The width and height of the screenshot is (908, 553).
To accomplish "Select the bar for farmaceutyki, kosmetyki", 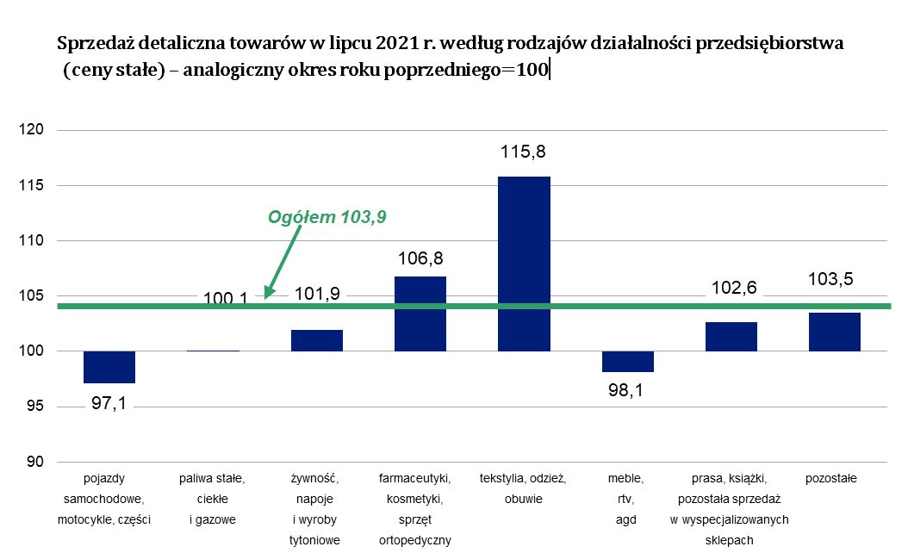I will tap(420, 314).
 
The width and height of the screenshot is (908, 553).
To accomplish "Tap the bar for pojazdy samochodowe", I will tap(109, 367).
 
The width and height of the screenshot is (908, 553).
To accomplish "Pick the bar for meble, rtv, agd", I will tap(628, 362).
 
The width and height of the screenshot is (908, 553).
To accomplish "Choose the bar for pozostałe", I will tap(835, 332).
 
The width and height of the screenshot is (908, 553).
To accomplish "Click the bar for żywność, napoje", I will tap(317, 340).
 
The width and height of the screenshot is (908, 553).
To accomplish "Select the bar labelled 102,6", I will tap(731, 336).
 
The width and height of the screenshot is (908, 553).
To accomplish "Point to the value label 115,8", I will tap(524, 152).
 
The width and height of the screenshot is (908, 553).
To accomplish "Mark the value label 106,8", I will tap(420, 257).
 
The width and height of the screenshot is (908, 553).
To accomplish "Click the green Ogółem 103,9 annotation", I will tap(327, 217).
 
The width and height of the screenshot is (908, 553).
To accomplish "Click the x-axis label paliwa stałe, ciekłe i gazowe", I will tap(213, 499).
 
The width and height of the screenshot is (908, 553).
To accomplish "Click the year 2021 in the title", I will tap(395, 42).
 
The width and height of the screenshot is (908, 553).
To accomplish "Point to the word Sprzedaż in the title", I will tap(91, 42).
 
